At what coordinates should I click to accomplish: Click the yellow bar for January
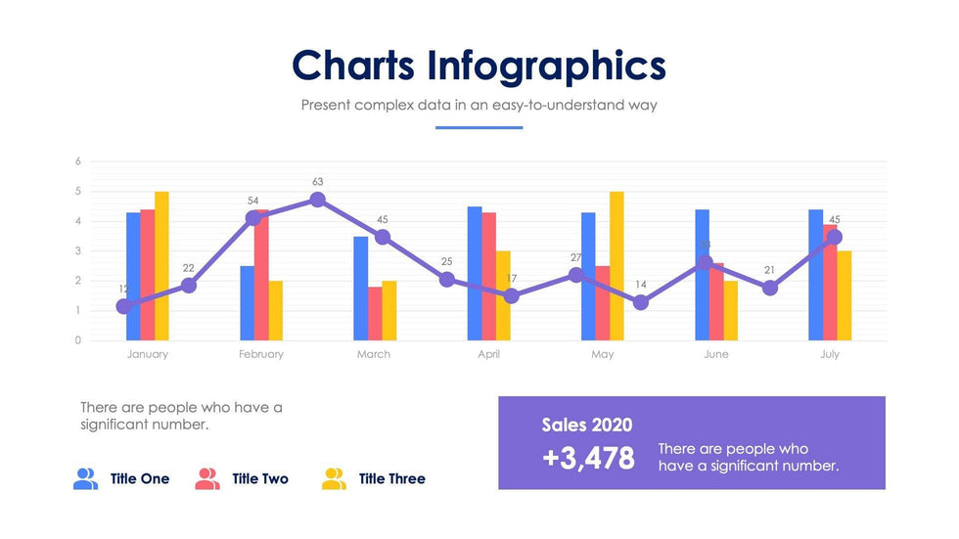coord(161,265)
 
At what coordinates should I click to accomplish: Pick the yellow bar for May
coord(616,265)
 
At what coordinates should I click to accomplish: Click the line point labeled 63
coord(317,200)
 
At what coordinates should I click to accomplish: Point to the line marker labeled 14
coord(641,302)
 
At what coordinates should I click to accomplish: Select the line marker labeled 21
coord(770,288)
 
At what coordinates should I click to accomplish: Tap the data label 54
coord(252,201)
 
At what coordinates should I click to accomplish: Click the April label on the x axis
coord(488,354)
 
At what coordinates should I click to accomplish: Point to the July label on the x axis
coord(830,354)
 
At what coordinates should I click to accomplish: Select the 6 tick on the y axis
coord(78,161)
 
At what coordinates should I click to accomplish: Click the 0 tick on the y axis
coord(78,340)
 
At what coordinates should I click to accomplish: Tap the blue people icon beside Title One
coord(86,478)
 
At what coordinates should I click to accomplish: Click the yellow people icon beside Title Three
coord(334,478)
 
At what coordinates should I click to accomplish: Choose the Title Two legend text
coord(260,478)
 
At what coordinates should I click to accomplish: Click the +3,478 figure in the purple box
coord(588,457)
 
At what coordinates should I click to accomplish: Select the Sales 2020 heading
coord(587,425)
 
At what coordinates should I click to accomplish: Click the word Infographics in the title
coord(546,66)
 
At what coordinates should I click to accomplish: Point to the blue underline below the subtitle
coord(479,127)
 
